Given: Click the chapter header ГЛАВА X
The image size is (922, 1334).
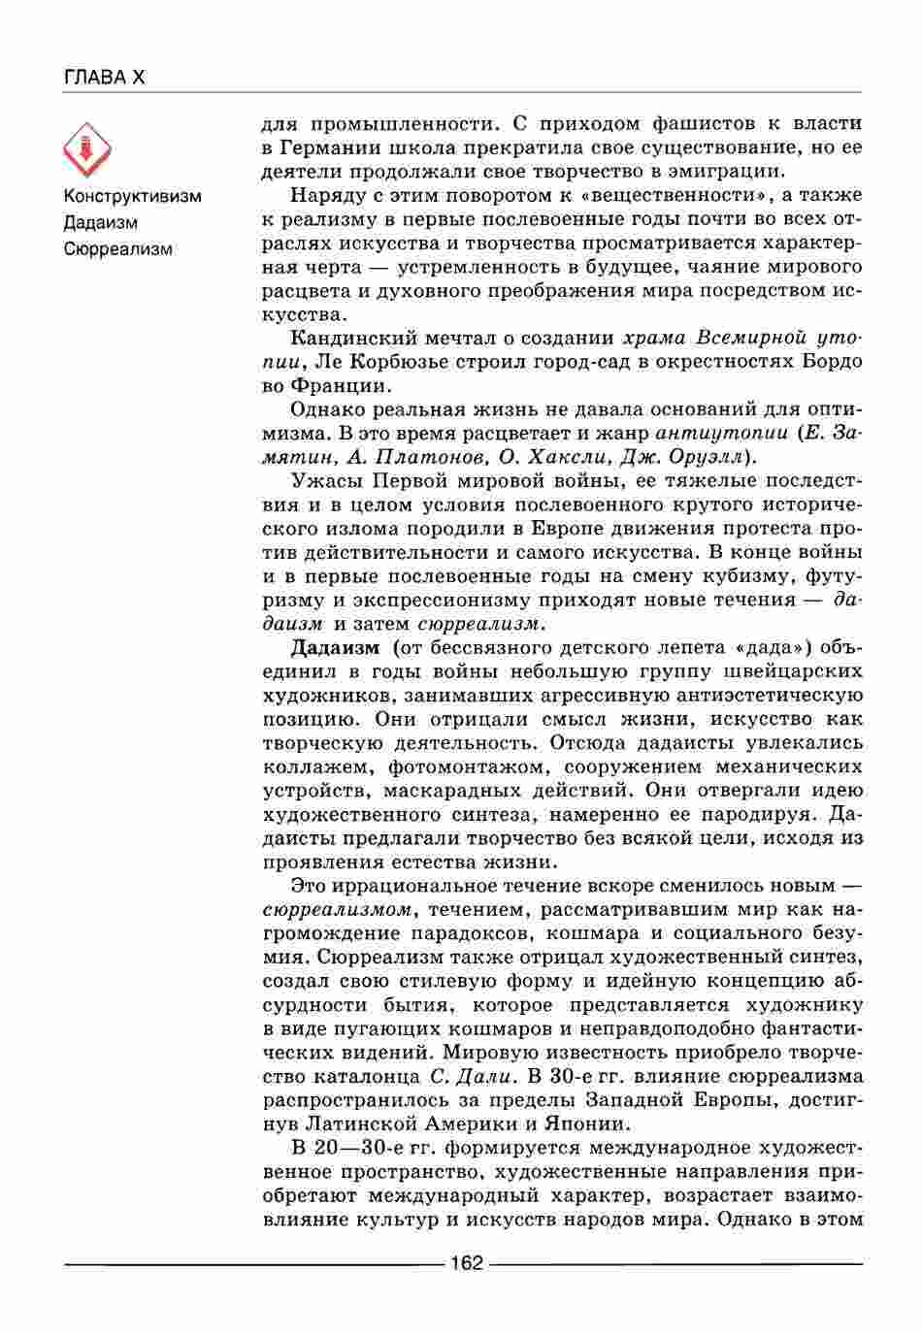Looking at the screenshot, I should (104, 78).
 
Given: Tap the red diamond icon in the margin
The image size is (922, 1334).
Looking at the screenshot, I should (87, 149).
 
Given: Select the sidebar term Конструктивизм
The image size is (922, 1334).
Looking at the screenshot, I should (133, 196).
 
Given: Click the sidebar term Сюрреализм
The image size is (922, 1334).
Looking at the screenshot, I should (118, 249).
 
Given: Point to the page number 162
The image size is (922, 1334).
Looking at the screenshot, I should (467, 1263).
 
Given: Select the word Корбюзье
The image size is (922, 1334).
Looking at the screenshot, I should (402, 362).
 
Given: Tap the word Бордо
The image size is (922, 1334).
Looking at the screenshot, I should (834, 362).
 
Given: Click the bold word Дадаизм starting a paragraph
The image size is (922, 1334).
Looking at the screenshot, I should (335, 647).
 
